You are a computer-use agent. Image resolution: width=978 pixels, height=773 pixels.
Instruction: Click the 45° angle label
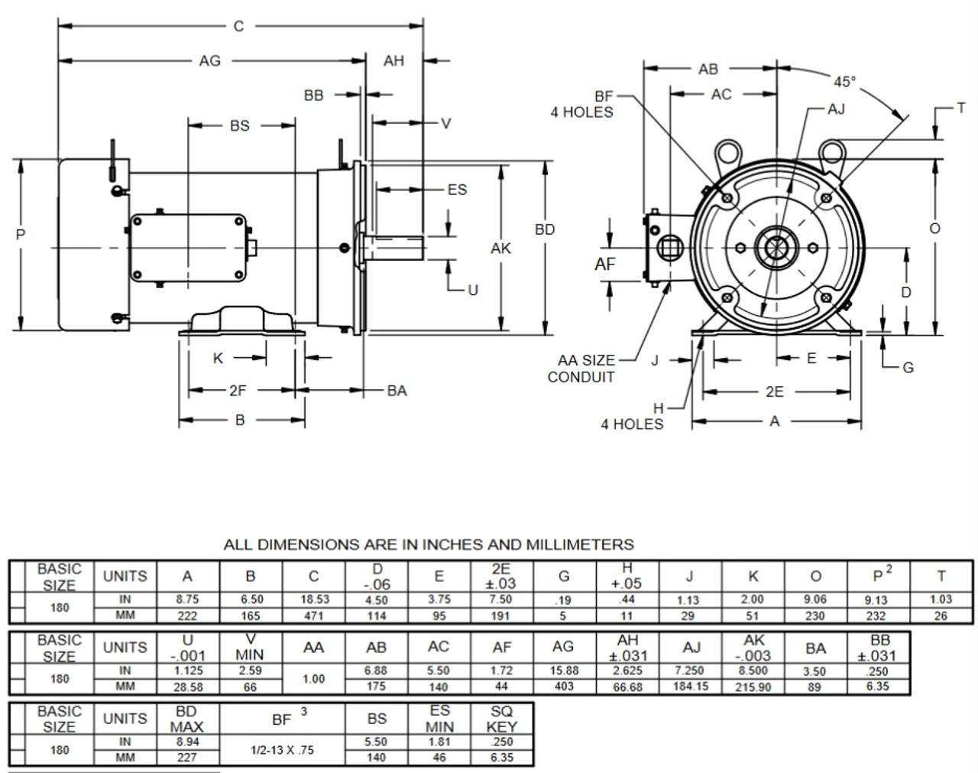pos(844,81)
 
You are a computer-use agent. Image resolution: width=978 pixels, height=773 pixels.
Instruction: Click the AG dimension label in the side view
pos(209,60)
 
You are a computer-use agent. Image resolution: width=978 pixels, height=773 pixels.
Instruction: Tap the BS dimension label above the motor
pos(239,125)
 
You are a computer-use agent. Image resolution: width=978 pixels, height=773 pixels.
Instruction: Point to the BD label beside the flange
pos(545,229)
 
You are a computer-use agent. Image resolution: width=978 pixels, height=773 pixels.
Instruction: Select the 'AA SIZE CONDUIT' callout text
pos(585,369)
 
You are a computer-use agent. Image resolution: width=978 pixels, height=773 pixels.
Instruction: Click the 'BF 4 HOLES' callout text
pos(582,105)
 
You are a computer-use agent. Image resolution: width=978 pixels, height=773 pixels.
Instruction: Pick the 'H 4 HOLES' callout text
pos(633,417)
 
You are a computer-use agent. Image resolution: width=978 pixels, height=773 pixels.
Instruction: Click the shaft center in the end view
pos(776,248)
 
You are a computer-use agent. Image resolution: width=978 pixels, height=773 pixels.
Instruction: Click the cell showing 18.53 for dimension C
pos(313,599)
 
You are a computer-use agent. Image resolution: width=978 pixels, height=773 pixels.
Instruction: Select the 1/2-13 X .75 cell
pos(283,750)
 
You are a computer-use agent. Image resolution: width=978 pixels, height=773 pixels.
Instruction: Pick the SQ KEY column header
pos(501,719)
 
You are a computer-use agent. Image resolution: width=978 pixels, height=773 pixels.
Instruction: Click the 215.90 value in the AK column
pos(753,687)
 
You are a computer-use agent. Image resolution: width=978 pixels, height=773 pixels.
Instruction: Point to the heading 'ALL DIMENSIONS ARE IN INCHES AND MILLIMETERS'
pos(429,545)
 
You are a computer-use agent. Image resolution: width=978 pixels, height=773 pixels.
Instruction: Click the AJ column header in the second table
pos(691,648)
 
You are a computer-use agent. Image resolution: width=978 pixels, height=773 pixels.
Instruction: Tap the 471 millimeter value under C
pos(313,615)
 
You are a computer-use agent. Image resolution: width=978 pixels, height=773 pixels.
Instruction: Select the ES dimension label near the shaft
pos(457,189)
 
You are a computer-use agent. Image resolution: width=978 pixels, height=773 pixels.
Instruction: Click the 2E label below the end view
pos(774,391)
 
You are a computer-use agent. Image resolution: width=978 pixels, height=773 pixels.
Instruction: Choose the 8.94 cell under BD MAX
pos(186,742)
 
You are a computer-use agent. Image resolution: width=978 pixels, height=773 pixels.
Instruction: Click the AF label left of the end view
pos(604,264)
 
